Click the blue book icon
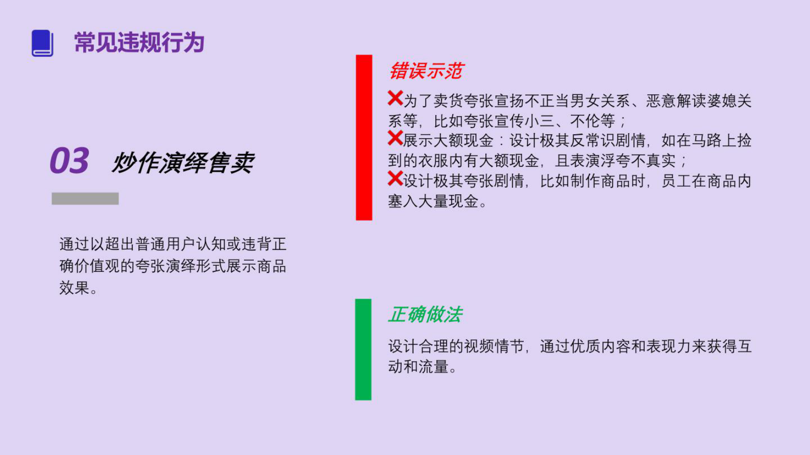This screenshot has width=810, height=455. tap(42, 43)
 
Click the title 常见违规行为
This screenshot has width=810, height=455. tap(139, 42)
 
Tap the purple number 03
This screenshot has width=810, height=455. tap(69, 161)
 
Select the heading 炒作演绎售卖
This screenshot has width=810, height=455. tap(183, 163)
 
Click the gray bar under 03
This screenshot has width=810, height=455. tap(85, 198)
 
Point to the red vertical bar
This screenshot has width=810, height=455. tap(364, 137)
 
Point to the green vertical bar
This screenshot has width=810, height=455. tap(363, 349)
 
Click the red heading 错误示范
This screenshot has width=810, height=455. tap(426, 71)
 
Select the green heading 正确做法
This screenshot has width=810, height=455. tap(425, 314)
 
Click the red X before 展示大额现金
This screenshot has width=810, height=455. tap(395, 138)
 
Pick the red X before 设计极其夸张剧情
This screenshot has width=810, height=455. tap(395, 179)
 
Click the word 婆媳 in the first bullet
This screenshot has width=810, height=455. tap(706, 100)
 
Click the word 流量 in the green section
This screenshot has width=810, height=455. tap(433, 367)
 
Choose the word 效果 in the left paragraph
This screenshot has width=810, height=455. tap(75, 288)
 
